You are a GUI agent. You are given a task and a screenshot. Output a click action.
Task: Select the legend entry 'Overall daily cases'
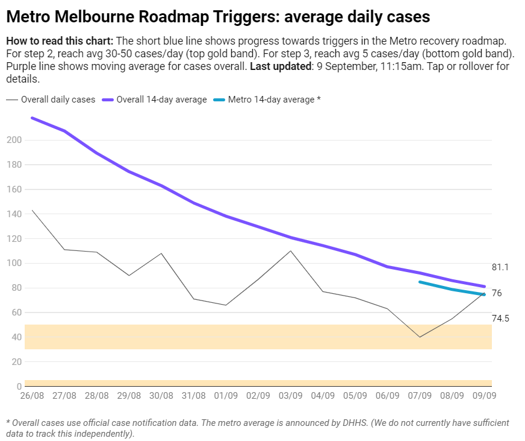point(58,100)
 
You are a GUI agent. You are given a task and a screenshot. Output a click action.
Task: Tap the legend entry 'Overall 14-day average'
point(161,100)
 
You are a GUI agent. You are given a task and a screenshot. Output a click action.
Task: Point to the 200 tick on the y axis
point(14,140)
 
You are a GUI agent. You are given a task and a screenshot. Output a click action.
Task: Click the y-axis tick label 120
point(14,238)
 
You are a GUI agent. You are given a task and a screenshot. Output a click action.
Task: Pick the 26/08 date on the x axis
point(31,396)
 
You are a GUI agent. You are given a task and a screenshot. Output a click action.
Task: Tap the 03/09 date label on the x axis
point(290,396)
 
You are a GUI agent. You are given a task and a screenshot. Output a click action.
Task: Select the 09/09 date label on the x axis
point(484,396)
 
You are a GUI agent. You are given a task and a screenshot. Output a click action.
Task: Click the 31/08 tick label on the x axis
point(193,396)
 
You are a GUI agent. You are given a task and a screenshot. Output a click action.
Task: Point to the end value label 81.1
point(500,267)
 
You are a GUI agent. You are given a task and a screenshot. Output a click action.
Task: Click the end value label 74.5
point(500,318)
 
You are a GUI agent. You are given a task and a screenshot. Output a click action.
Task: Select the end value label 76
point(497,293)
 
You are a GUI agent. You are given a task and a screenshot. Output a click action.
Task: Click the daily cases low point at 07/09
point(420,337)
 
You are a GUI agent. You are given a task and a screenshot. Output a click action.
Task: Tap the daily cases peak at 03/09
point(290,251)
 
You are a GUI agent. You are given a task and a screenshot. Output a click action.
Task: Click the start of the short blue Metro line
point(420,282)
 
